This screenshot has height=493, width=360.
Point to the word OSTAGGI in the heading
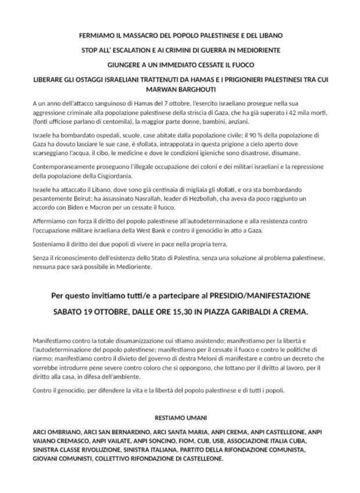pos(95,80)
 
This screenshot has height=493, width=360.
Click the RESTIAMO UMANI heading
pos(179,418)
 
